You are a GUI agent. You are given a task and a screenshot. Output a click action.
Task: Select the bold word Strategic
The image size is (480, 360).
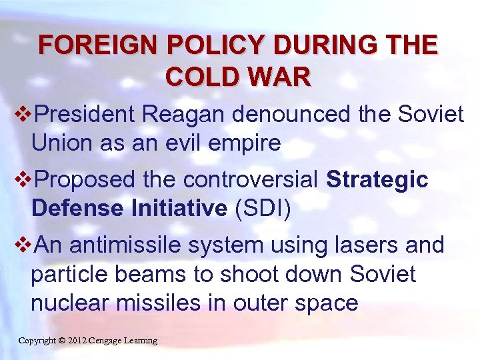[377, 180]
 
